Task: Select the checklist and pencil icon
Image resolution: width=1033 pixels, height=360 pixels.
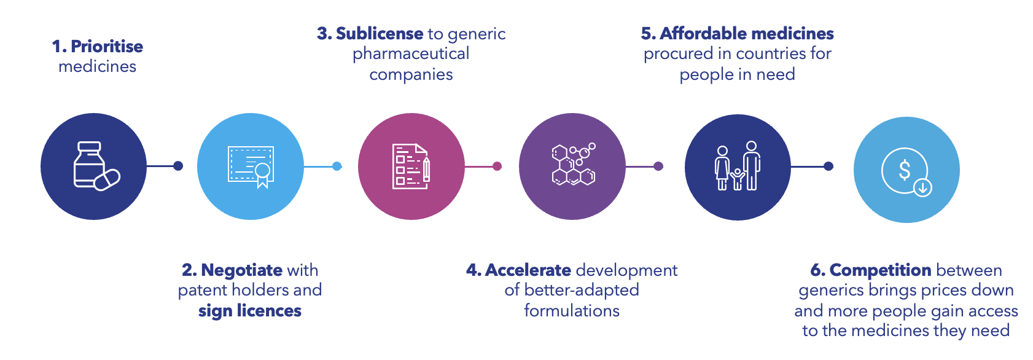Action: [411, 166]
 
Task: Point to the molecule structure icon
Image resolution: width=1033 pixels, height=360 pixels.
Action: [573, 165]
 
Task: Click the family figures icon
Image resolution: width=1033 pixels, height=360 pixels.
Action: [738, 166]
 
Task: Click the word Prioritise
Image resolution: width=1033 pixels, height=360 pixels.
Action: [107, 47]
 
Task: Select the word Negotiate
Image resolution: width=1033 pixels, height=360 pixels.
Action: [241, 270]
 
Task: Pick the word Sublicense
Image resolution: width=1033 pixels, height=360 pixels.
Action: [380, 34]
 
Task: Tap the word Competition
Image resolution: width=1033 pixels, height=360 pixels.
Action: [880, 270]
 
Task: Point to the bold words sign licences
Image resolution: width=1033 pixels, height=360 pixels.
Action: [250, 311]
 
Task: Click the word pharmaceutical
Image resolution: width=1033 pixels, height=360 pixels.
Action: [411, 54]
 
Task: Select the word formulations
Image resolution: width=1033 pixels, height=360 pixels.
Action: [572, 311]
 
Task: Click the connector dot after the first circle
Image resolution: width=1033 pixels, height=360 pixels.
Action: [178, 166]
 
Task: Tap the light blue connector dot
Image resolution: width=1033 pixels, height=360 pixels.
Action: [337, 166]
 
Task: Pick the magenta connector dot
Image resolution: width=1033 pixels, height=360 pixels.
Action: [497, 166]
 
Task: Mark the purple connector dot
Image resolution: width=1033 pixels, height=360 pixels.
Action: [658, 166]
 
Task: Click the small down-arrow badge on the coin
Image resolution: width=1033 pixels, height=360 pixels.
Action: [922, 187]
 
